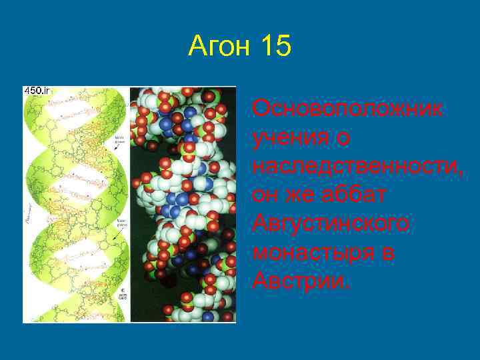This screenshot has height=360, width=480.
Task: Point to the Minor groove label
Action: click(x=121, y=141)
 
